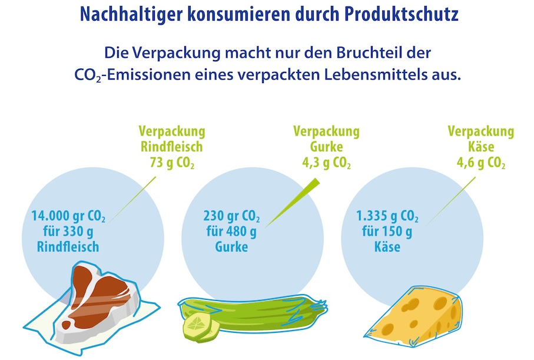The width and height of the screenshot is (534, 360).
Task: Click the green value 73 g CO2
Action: [172, 163]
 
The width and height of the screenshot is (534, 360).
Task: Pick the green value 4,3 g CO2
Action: [326, 163]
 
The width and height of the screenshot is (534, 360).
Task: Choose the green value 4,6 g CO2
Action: [480, 163]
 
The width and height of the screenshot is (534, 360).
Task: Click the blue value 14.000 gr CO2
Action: [68, 216]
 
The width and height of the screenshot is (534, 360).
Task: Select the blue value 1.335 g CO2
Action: [387, 216]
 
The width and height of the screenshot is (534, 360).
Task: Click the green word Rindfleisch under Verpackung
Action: [172, 147]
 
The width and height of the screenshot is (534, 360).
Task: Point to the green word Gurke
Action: [326, 147]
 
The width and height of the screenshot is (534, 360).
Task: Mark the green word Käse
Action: [481, 147]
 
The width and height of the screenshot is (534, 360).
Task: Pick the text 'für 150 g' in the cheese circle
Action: [387, 232]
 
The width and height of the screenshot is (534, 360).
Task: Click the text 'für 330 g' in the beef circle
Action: [68, 232]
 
